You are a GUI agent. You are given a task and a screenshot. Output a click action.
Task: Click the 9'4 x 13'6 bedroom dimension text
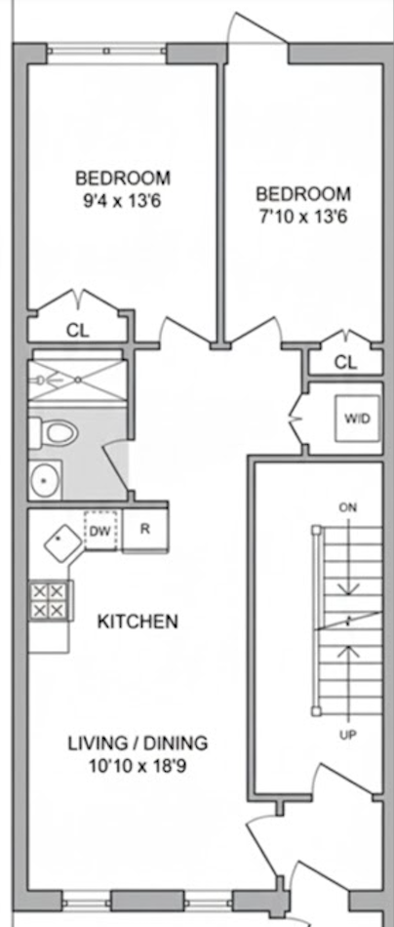123,201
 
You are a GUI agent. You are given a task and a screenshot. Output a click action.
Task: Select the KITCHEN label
138,622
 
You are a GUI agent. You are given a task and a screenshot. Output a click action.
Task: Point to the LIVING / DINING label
138,743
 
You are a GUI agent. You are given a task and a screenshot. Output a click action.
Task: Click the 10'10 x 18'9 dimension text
138,767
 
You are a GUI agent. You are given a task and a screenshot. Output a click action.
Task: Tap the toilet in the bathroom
54,431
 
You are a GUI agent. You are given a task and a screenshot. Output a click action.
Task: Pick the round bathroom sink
45,480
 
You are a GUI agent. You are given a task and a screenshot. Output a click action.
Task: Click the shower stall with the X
76,379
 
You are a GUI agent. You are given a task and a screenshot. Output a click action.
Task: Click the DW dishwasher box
100,530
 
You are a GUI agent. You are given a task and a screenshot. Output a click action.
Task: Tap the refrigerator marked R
144,530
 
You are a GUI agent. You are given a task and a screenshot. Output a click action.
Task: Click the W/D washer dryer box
357,419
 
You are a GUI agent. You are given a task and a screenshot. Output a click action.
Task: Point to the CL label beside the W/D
345,362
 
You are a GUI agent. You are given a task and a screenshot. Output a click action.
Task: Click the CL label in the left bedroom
77,331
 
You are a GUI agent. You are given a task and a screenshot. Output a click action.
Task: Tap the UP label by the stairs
347,735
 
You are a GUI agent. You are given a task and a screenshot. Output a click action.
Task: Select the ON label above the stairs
348,507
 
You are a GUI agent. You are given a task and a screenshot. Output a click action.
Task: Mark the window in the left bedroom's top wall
106,51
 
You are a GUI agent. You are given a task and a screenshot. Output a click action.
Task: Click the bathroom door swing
116,468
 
